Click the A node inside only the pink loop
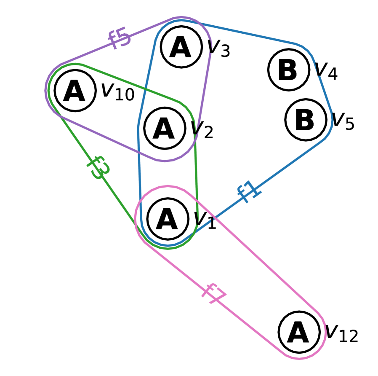tap(299, 332)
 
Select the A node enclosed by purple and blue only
tap(181, 47)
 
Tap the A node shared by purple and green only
tap(75, 91)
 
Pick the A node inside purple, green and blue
tap(165, 128)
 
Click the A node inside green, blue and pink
tap(168, 219)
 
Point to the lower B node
tap(306, 120)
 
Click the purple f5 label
tap(119, 38)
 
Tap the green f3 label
tap(99, 167)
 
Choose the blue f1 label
tap(249, 192)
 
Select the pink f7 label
tap(214, 294)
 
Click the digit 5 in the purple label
tap(124, 37)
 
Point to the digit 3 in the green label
tap(101, 170)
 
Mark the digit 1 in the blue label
tap(254, 189)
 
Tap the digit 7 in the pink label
tap(218, 297)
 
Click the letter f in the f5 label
tap(114, 40)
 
